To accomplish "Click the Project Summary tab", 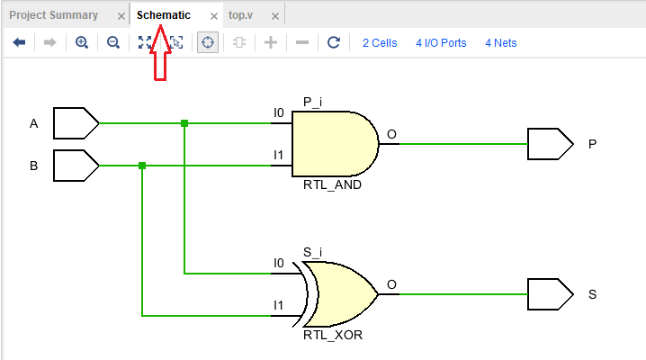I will [x=53, y=15].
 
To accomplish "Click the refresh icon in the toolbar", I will [x=333, y=42].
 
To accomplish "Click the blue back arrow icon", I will [x=18, y=42].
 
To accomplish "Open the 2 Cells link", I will [x=380, y=42].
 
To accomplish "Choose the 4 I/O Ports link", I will [x=441, y=42].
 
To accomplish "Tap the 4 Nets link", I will [x=501, y=42].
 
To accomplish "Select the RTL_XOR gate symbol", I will [x=338, y=294].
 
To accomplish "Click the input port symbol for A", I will [x=76, y=122].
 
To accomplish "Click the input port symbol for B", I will [x=76, y=166].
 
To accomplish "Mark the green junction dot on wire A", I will [x=184, y=123].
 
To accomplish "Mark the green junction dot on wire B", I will [x=142, y=166].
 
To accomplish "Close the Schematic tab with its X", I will [x=212, y=16].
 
